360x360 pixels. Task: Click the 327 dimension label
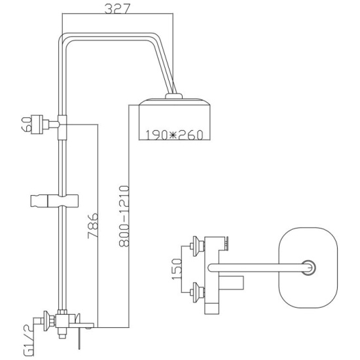point(117,9)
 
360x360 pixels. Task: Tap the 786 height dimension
point(93,226)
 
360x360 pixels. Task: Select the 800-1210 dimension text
point(124,216)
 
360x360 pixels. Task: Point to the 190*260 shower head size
point(175,135)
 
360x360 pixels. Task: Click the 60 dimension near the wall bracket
point(27,124)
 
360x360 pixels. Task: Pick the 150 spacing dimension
point(177,269)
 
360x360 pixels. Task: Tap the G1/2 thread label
point(29,340)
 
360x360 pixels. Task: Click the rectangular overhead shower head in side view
point(175,119)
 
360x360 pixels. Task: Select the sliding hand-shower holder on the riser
point(54,201)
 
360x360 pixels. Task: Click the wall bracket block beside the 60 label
point(37,124)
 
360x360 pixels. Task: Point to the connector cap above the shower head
point(174,96)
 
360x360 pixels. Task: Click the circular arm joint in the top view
point(308,268)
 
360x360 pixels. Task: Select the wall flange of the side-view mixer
point(47,321)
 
